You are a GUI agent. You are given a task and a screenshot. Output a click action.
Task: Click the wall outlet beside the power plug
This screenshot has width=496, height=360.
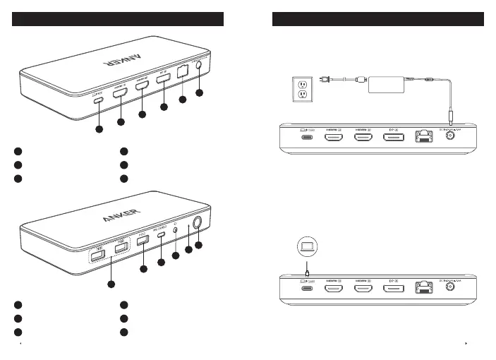[x=303, y=88]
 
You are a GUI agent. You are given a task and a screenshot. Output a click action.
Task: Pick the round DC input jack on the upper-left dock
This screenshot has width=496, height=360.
[x=199, y=66]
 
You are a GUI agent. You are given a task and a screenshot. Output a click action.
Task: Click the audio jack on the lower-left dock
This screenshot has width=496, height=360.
[x=174, y=232]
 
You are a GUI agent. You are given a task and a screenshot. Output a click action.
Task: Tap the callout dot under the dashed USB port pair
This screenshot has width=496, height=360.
[x=109, y=284]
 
